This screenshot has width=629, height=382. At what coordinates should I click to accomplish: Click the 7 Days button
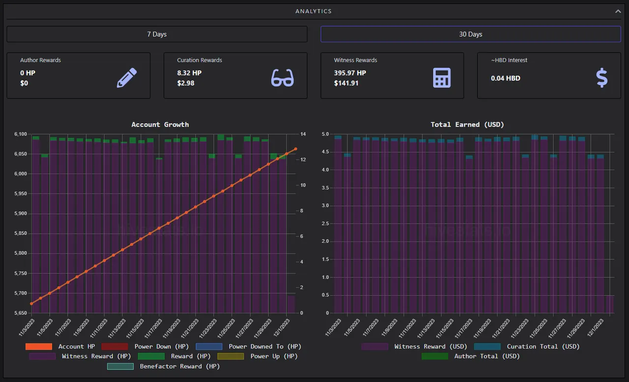click(157, 34)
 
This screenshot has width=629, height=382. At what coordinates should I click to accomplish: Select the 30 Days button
click(471, 34)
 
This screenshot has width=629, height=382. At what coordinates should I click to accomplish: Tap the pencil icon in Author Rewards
click(127, 78)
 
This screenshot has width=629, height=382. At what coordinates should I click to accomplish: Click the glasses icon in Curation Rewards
click(283, 78)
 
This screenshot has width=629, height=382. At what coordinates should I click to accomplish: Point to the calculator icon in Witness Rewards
click(442, 78)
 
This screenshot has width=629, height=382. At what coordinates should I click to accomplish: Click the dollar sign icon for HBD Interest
click(602, 78)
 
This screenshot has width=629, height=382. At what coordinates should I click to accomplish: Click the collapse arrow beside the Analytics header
click(618, 11)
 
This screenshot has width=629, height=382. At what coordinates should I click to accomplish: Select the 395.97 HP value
click(350, 73)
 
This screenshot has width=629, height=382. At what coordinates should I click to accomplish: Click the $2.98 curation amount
click(186, 83)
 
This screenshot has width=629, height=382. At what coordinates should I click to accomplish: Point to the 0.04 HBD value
click(506, 78)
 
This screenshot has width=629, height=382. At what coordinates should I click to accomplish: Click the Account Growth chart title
click(160, 125)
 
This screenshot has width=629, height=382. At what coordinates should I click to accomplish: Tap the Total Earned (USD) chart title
click(467, 125)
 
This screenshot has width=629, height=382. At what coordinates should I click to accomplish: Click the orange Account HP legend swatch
click(39, 347)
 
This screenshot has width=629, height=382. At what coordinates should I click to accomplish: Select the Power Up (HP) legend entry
click(257, 356)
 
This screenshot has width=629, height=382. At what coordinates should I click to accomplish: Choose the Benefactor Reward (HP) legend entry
click(163, 366)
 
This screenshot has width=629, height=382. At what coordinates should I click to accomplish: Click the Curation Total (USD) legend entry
click(526, 347)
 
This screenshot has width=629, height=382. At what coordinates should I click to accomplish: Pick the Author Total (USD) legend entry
click(470, 356)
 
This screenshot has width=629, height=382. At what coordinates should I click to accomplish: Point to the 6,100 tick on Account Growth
click(21, 134)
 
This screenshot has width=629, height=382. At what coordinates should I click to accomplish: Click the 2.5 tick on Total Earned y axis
click(325, 223)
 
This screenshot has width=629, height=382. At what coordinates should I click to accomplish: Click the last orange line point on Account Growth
click(295, 149)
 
